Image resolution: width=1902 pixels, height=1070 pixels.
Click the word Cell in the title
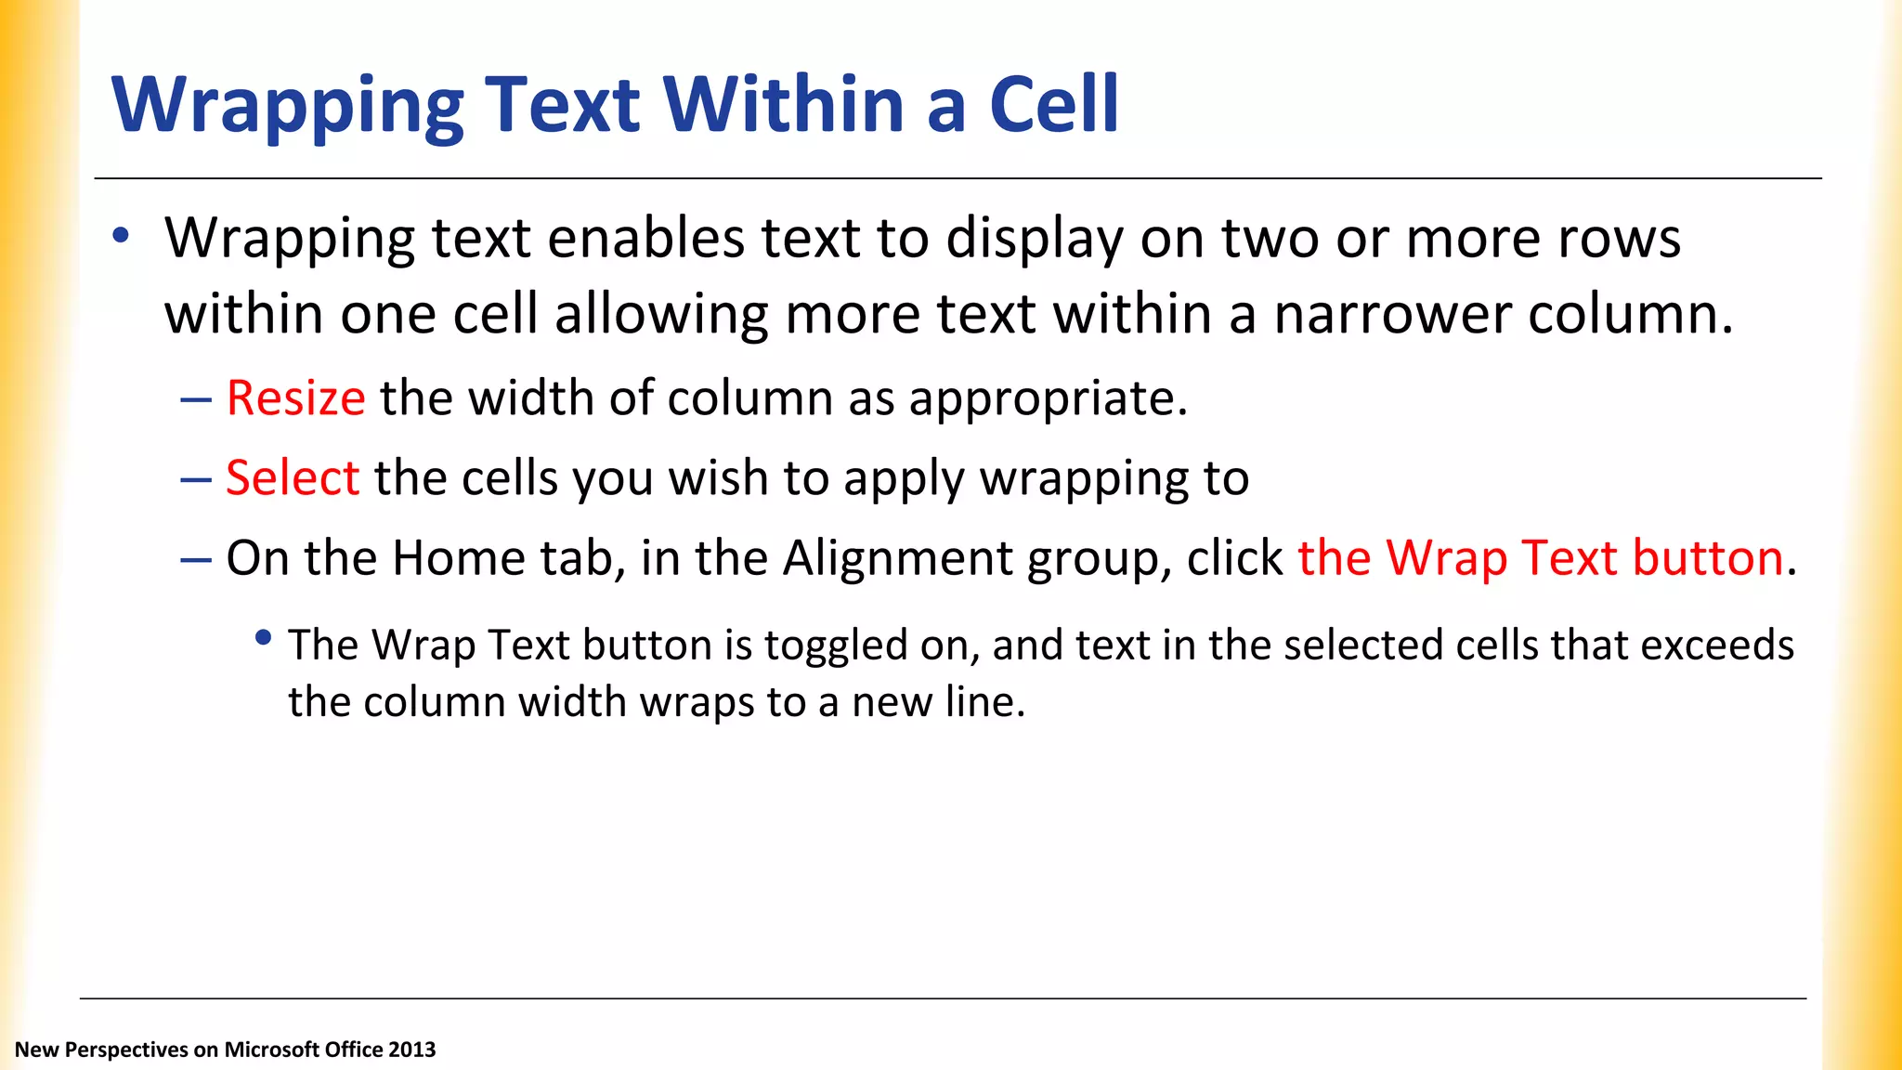click(x=1053, y=104)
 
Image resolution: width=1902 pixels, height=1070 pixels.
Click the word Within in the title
click(x=782, y=104)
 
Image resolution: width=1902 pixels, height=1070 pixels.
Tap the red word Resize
click(x=295, y=398)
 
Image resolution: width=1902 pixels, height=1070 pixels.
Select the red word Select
click(x=293, y=478)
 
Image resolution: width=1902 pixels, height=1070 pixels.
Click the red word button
click(x=1707, y=558)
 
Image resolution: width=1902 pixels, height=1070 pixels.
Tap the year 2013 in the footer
click(x=411, y=1050)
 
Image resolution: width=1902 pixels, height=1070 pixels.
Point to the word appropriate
click(x=1048, y=400)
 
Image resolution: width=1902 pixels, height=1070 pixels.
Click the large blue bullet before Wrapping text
click(x=121, y=236)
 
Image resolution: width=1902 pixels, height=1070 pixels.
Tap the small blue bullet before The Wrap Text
click(x=264, y=638)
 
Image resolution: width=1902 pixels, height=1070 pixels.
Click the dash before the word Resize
click(x=196, y=400)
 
